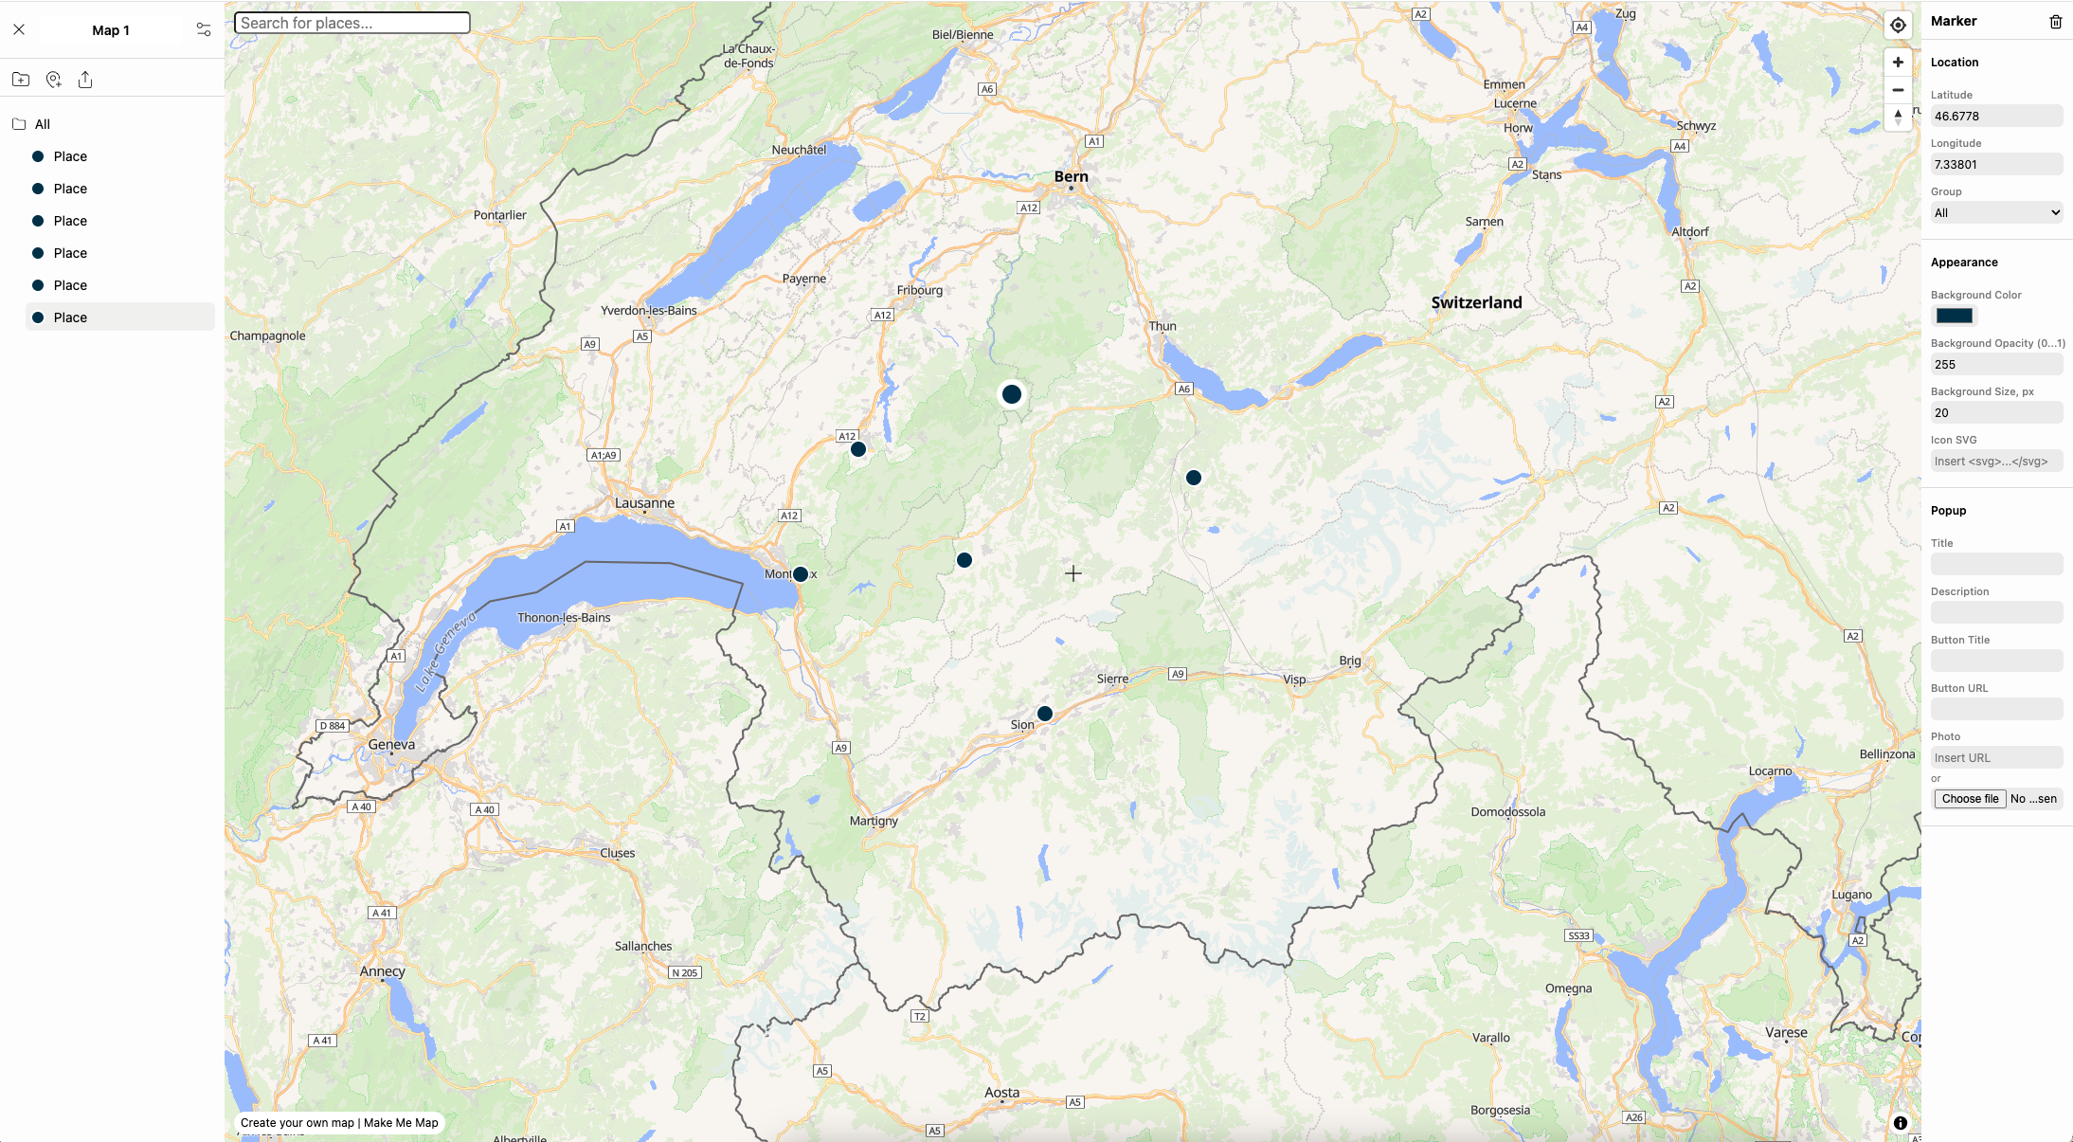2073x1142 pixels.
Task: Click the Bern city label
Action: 1071,176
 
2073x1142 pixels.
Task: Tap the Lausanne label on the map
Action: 644,502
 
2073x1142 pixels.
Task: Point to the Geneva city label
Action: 391,744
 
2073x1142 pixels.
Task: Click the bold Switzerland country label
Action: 1476,302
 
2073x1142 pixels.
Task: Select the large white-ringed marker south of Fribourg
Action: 1012,394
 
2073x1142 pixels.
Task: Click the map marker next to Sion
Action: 1045,714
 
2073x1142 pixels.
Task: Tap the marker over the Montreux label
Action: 801,574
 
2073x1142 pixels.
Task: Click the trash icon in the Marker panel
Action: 2055,22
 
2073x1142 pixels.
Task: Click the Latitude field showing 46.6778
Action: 1995,117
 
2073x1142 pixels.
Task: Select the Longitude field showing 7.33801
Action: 1995,165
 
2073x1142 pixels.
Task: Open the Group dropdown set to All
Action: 1995,213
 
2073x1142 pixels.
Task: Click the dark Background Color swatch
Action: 1954,317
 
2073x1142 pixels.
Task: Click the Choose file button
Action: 1970,799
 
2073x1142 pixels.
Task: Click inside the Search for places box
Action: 352,23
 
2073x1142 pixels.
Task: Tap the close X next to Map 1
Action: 19,29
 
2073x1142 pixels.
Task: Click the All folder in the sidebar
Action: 42,124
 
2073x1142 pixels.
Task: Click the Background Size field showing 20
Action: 1995,413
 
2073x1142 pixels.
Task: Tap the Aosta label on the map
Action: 1001,1093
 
